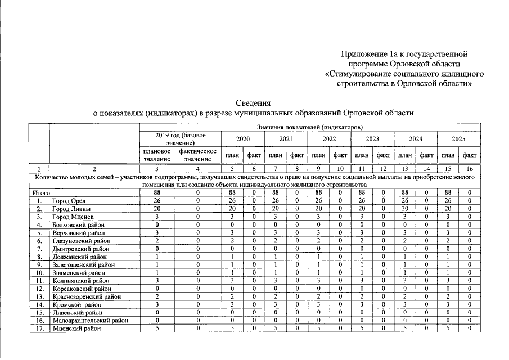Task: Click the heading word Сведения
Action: point(253,103)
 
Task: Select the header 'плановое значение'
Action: point(156,155)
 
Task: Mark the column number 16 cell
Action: point(469,168)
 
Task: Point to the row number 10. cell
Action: point(39,272)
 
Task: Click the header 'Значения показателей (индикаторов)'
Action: point(309,127)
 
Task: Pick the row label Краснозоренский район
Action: point(83,296)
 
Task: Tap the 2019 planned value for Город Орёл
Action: point(157,200)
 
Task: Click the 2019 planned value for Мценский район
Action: point(157,328)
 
